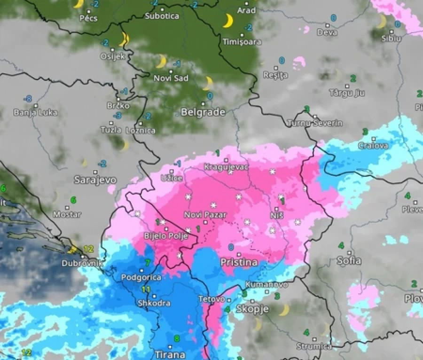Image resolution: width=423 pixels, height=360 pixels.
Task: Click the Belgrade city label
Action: tap(203, 112)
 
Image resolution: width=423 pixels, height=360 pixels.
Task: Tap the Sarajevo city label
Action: tap(95, 180)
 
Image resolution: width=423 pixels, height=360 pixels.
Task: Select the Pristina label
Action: tap(239, 262)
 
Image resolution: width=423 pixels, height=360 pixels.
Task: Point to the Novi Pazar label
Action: tap(205, 215)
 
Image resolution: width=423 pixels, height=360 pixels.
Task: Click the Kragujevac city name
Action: tap(226, 166)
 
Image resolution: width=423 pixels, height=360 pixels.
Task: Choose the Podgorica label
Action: tap(141, 277)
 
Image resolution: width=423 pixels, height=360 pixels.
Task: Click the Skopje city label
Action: tap(252, 309)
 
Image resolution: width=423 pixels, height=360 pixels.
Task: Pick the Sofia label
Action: tap(349, 260)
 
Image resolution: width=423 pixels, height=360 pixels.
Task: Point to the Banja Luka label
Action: tap(36, 112)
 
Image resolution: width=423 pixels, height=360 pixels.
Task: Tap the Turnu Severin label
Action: tap(314, 123)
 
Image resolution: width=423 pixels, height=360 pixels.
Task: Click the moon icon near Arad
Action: tap(228, 21)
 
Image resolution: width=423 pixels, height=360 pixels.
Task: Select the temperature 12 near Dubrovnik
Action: tap(89, 249)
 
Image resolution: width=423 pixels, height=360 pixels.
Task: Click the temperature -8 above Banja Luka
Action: tap(29, 99)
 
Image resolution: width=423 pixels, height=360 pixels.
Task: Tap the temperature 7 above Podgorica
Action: tap(148, 262)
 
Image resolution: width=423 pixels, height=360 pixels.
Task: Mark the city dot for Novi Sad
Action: tap(171, 71)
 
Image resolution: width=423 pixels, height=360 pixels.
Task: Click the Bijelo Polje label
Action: tap(166, 236)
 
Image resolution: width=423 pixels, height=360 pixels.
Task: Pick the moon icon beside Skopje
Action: tap(283, 310)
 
